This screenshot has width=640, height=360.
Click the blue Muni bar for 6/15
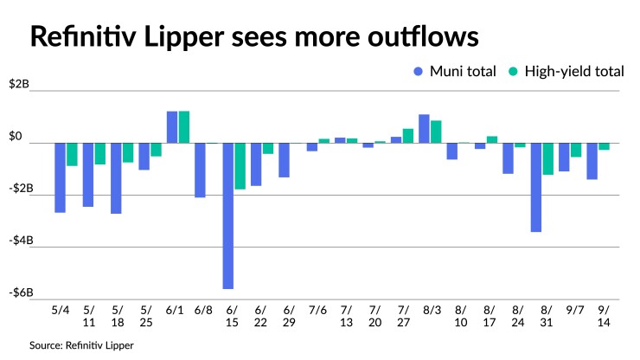pos(228,215)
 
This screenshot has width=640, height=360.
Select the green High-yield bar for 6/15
pos(240,166)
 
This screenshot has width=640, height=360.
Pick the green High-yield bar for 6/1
pos(184,127)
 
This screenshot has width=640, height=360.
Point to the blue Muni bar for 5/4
pos(61,177)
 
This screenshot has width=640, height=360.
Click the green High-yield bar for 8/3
pos(436,132)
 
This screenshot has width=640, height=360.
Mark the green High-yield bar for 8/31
pos(547,159)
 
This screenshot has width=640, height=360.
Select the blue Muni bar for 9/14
pos(592,161)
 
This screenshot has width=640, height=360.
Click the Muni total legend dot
pos(419,71)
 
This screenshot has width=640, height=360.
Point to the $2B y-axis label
pos(20,85)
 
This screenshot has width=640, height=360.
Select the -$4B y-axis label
pos(20,241)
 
